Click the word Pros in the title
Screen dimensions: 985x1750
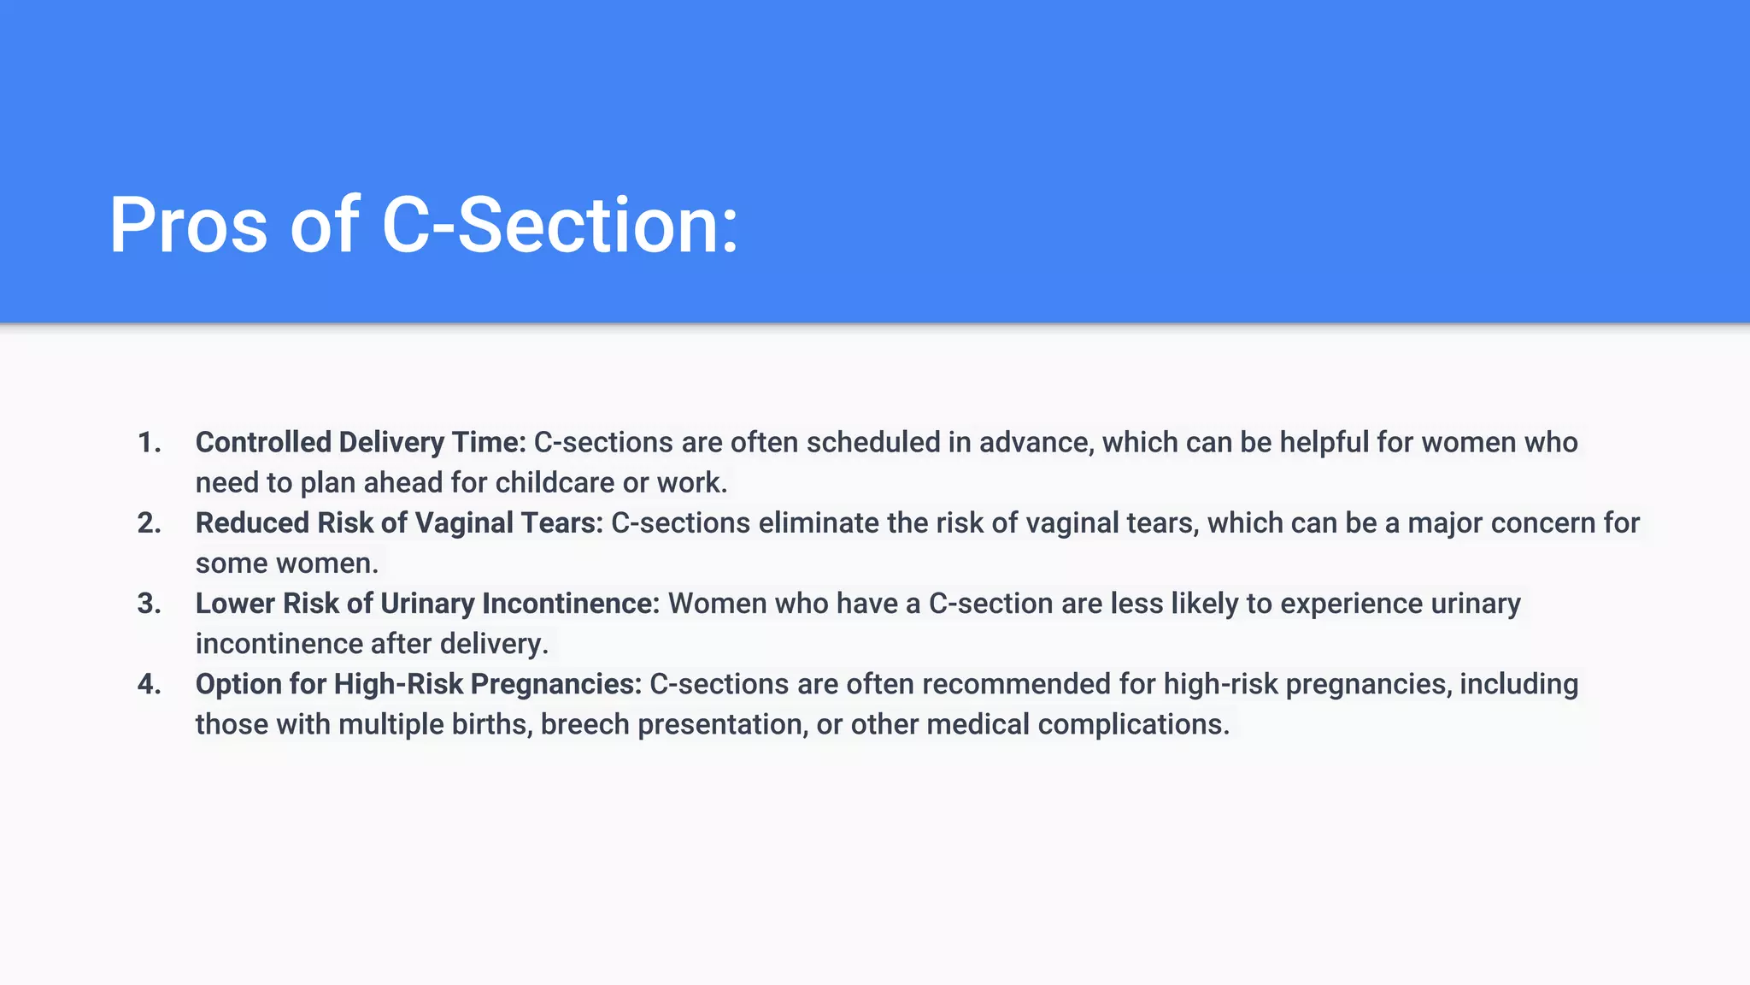[188, 226]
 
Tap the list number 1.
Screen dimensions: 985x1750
[149, 443]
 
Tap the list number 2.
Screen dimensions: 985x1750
[149, 523]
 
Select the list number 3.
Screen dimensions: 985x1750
[149, 604]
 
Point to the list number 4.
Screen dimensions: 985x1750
[149, 684]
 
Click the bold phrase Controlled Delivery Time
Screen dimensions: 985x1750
[360, 443]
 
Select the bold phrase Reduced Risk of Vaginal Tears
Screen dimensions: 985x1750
[399, 523]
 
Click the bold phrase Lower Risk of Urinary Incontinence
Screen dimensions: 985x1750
[427, 604]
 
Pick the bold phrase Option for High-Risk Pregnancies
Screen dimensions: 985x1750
[418, 684]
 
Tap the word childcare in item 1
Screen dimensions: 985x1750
[555, 483]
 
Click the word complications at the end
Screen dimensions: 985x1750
[1133, 724]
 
